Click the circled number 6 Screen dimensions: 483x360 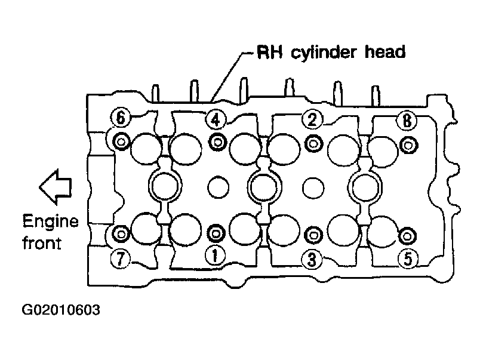(x=121, y=118)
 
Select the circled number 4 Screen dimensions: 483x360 (x=216, y=119)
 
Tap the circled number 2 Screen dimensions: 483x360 (x=312, y=119)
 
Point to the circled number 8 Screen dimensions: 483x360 (x=407, y=121)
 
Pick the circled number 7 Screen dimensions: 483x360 (x=121, y=258)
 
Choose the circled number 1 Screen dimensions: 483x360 (x=216, y=256)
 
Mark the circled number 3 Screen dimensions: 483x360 (x=312, y=259)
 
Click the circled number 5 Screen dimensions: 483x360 (x=408, y=258)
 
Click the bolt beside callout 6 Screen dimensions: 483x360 (x=121, y=142)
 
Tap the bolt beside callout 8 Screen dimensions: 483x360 (x=409, y=144)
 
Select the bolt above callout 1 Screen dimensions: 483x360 (x=216, y=233)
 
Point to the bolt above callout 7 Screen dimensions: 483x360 (x=121, y=234)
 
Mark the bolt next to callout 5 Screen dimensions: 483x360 (x=407, y=236)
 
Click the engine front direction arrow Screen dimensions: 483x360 (x=56, y=187)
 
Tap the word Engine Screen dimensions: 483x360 (x=51, y=221)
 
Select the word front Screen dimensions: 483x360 (x=42, y=242)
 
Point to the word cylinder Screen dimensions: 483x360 (x=323, y=53)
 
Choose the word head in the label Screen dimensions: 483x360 (x=385, y=52)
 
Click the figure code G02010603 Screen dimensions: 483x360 (x=61, y=310)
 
